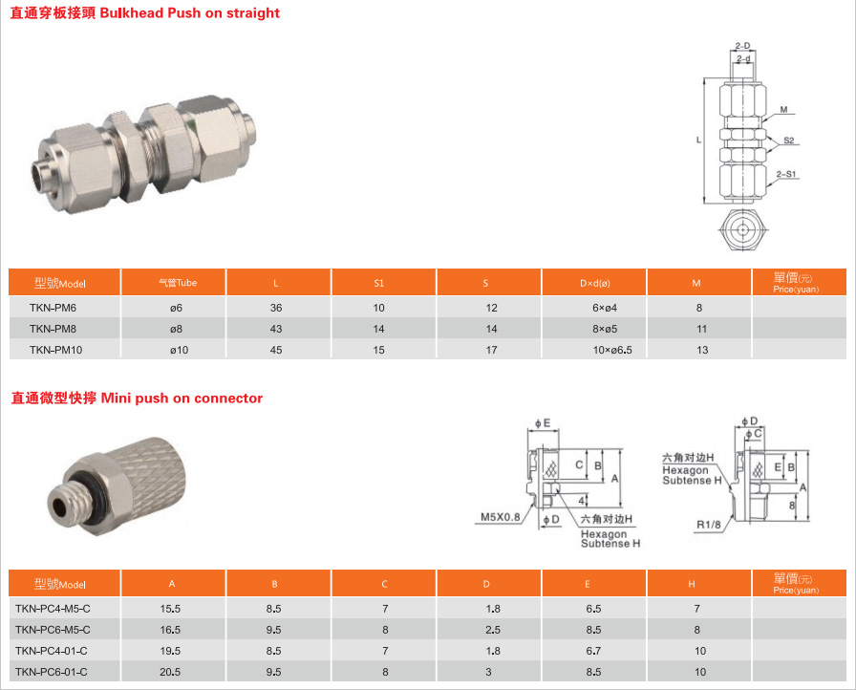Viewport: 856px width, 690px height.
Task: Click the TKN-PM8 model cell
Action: click(53, 329)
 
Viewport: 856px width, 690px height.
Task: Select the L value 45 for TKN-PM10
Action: click(276, 350)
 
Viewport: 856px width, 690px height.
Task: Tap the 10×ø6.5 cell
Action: click(612, 350)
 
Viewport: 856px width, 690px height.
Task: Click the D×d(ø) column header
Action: click(595, 283)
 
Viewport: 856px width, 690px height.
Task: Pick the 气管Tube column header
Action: click(178, 283)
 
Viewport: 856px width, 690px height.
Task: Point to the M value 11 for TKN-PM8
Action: click(702, 329)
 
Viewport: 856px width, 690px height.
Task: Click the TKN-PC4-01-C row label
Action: click(52, 651)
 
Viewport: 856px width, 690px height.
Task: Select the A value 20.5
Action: click(170, 672)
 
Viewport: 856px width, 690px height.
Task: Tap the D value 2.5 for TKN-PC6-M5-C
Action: click(493, 630)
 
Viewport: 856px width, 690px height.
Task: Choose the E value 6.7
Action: click(593, 651)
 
